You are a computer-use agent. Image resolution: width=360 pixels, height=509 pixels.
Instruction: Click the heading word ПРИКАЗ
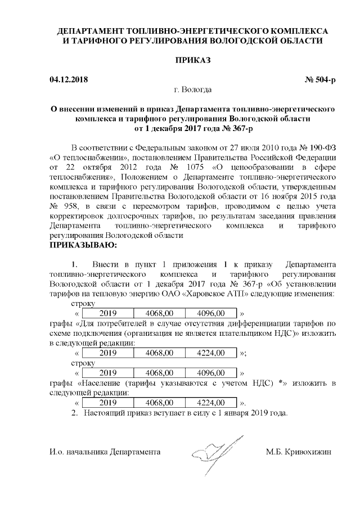[x=192, y=60]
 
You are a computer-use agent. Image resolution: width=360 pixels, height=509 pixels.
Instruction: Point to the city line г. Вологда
[x=192, y=89]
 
